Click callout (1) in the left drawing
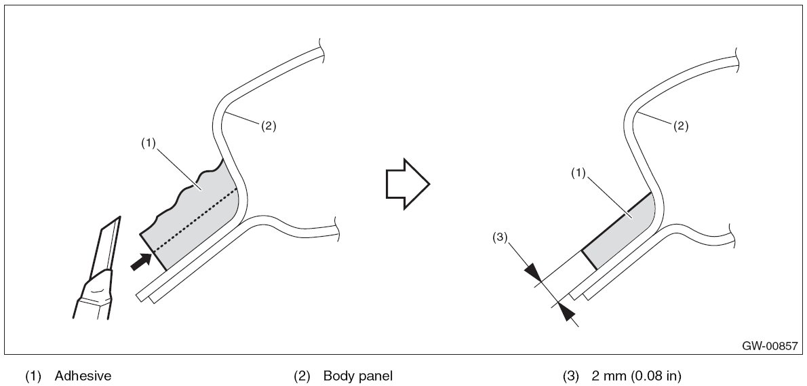point(149,143)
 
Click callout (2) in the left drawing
point(269,126)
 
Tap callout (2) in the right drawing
point(681,126)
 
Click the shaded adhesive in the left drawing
point(197,217)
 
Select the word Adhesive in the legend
point(83,375)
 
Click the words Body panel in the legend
point(358,375)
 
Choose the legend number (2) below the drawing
point(302,375)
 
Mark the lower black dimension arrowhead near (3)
point(567,313)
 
